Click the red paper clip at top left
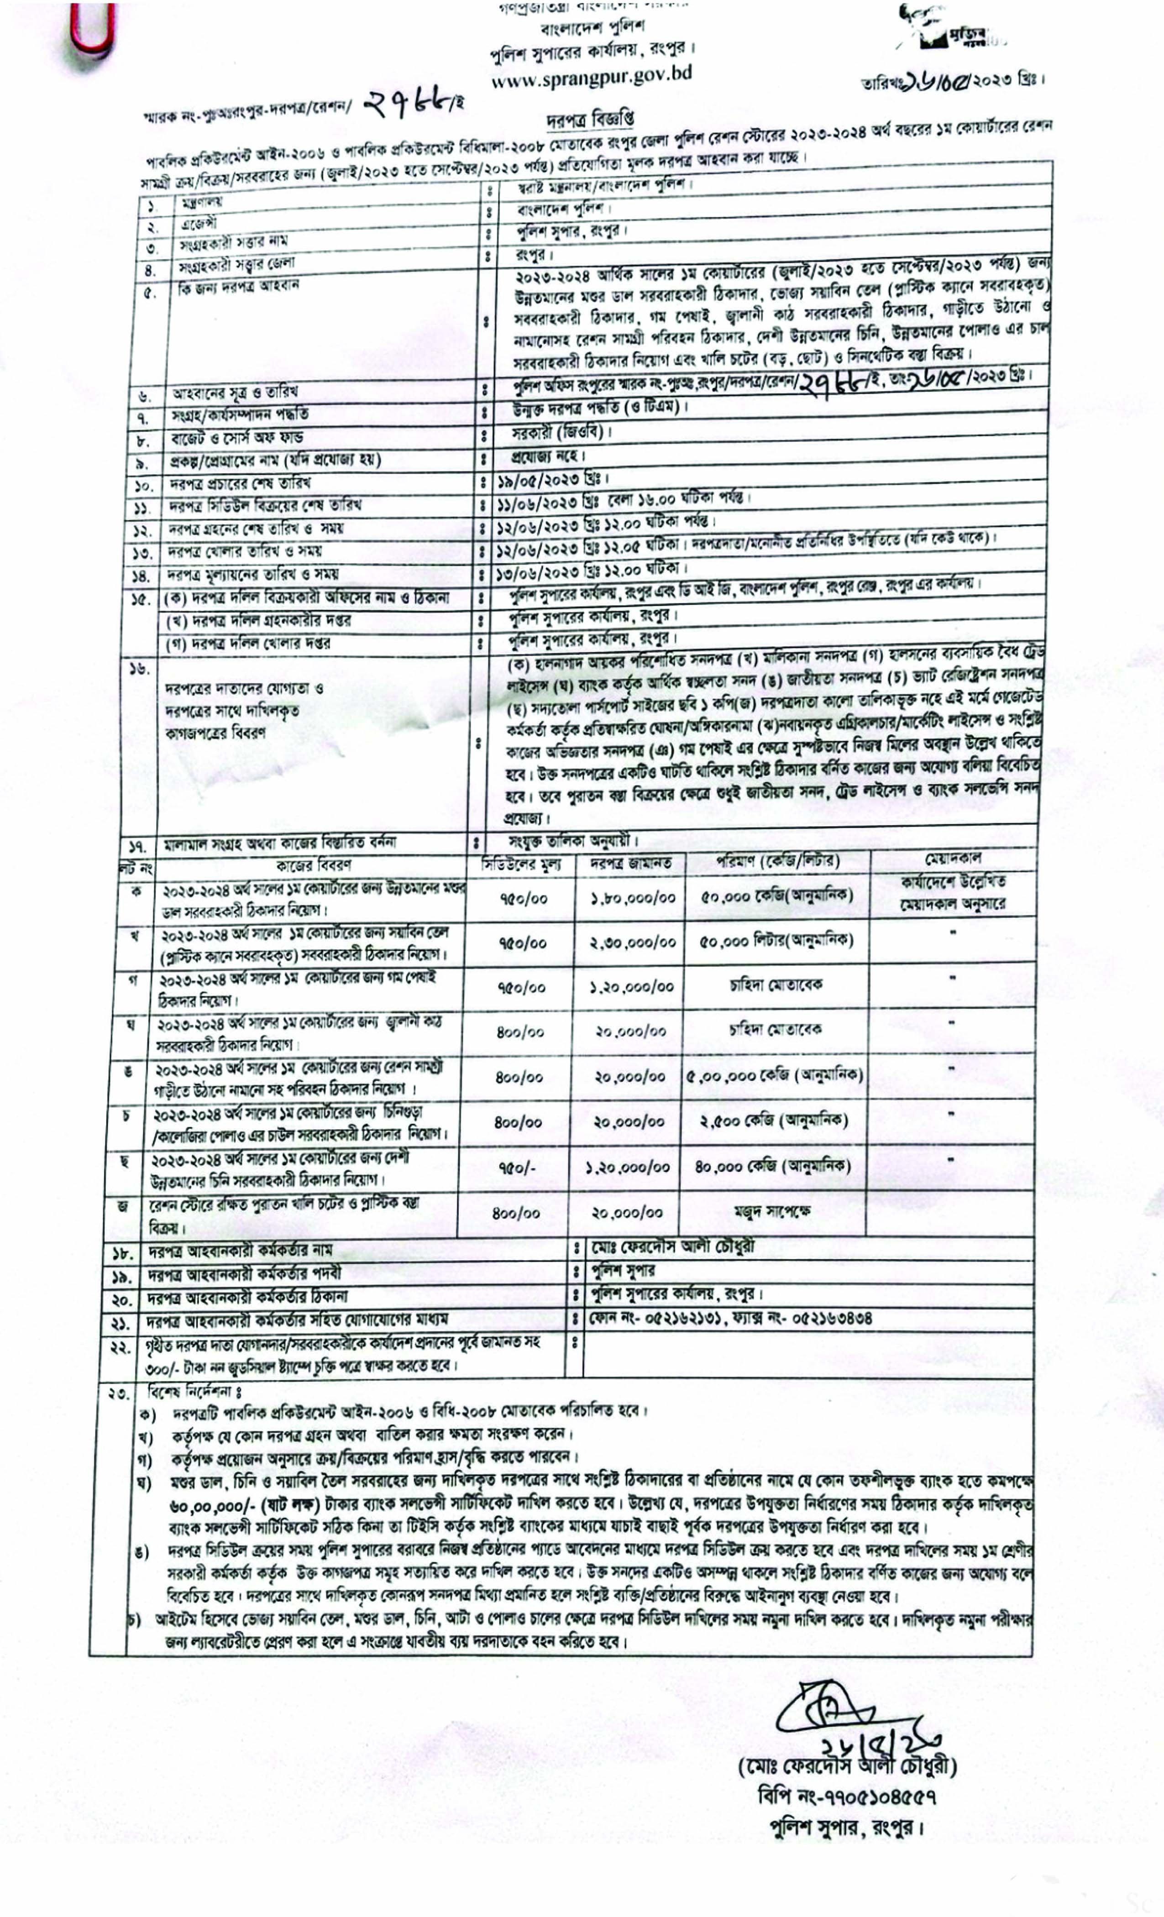[92, 27]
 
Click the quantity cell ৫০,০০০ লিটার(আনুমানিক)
[776, 941]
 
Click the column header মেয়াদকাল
[953, 858]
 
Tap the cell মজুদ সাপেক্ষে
[772, 1212]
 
